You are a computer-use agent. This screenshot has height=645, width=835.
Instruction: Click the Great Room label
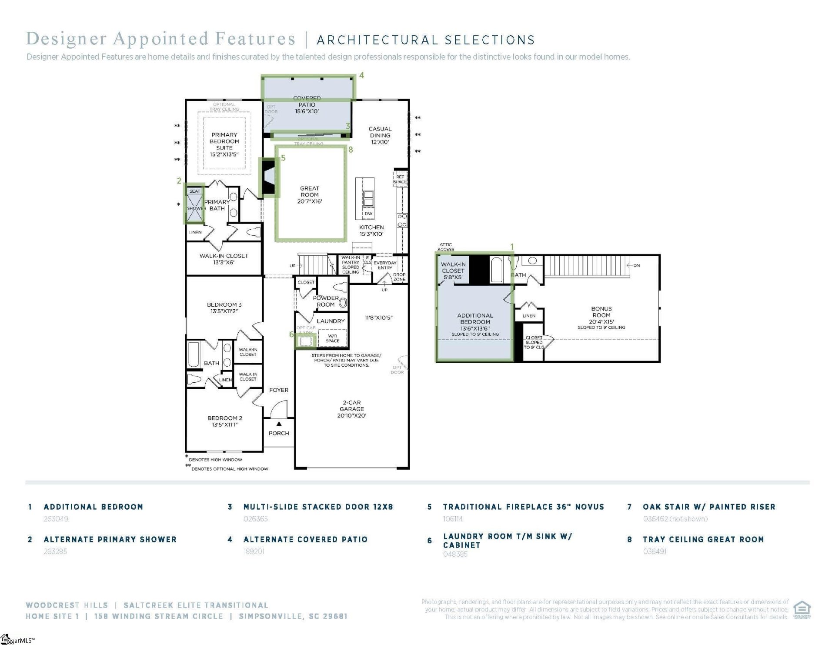(x=309, y=194)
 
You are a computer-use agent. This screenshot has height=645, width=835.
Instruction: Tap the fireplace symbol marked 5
(x=269, y=177)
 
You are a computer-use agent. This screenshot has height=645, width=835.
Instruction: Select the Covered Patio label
(x=307, y=105)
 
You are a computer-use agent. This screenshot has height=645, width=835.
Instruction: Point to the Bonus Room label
(x=601, y=315)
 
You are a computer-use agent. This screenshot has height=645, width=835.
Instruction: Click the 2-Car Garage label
(x=351, y=409)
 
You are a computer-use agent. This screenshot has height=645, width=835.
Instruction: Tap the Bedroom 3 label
(x=224, y=307)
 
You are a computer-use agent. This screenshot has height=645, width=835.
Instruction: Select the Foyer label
(x=278, y=390)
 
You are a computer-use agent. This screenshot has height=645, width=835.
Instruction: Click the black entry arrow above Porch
(x=279, y=424)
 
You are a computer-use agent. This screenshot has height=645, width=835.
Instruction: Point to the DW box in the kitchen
(x=368, y=214)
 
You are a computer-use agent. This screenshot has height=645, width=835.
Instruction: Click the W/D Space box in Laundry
(x=332, y=338)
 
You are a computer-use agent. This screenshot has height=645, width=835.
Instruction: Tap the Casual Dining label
(x=380, y=135)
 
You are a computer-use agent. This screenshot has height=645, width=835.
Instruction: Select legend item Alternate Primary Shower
(x=110, y=539)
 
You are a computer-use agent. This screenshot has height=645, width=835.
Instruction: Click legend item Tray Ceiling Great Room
(x=703, y=539)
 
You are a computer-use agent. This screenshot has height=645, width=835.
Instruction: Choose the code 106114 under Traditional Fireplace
(x=453, y=519)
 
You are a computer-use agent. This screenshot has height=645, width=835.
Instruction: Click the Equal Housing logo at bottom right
(x=802, y=609)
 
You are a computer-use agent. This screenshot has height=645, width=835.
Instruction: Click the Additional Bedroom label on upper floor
(x=475, y=321)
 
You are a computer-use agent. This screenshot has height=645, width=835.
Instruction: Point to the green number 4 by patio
(x=361, y=75)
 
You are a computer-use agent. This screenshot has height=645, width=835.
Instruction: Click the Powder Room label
(x=326, y=301)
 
